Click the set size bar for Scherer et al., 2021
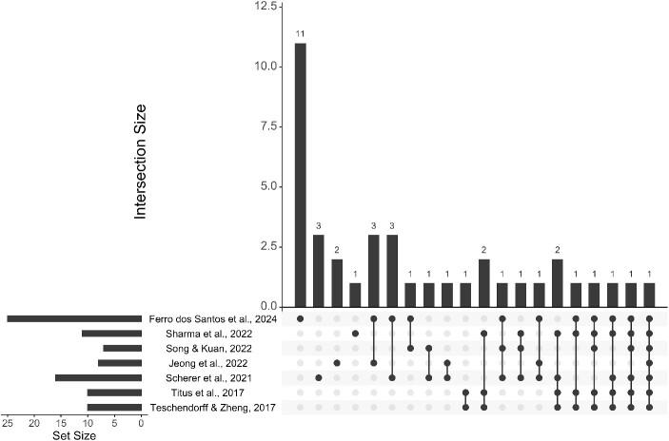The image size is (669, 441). click(x=98, y=377)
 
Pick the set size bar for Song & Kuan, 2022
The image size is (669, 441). click(x=122, y=348)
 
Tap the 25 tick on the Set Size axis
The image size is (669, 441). click(x=9, y=424)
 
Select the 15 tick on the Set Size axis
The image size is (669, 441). click(x=62, y=424)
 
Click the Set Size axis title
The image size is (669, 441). click(x=74, y=435)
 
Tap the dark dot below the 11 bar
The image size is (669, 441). click(x=301, y=318)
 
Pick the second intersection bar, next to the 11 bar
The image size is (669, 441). click(x=319, y=270)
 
